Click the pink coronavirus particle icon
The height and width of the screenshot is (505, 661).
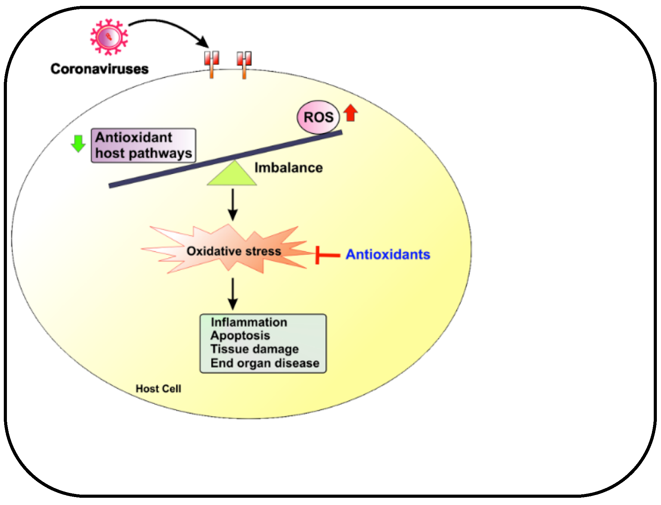[x=109, y=37]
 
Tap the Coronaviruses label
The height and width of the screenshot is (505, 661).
[x=99, y=69]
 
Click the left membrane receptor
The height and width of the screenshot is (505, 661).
[x=211, y=64]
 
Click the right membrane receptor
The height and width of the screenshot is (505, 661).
[x=244, y=64]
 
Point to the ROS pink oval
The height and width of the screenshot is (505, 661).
[x=318, y=117]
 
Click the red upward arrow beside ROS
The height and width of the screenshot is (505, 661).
[x=351, y=113]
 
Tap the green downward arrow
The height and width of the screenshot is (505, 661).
[x=78, y=143]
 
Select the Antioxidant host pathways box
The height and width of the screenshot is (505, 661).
[x=143, y=146]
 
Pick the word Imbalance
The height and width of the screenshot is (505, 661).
[x=288, y=168]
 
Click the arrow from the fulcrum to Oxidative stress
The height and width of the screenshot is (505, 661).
[x=233, y=204]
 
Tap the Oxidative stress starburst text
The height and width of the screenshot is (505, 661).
[x=234, y=251]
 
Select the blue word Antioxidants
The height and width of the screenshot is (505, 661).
[x=388, y=255]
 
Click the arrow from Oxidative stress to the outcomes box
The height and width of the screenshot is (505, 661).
[x=233, y=294]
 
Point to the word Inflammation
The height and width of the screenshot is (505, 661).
[x=249, y=322]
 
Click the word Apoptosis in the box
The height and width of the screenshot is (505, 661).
[x=240, y=336]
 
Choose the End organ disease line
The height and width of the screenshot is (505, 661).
[x=265, y=363]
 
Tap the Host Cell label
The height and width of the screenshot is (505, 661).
[x=158, y=389]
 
